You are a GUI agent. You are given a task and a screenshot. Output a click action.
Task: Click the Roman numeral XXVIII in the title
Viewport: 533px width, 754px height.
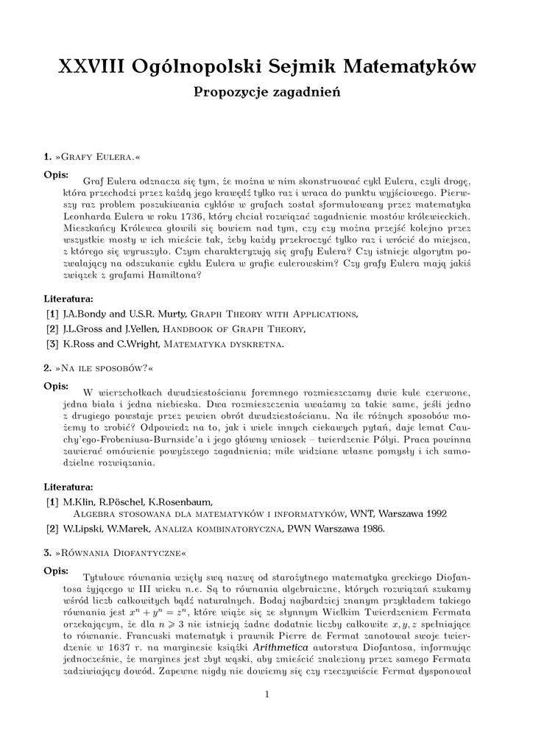91,67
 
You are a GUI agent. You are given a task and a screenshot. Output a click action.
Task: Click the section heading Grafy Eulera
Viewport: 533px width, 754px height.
99,157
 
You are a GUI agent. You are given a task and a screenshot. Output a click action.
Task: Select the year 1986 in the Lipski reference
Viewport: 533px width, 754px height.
369,529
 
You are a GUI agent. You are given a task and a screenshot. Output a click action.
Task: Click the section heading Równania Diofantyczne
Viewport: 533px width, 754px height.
121,552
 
